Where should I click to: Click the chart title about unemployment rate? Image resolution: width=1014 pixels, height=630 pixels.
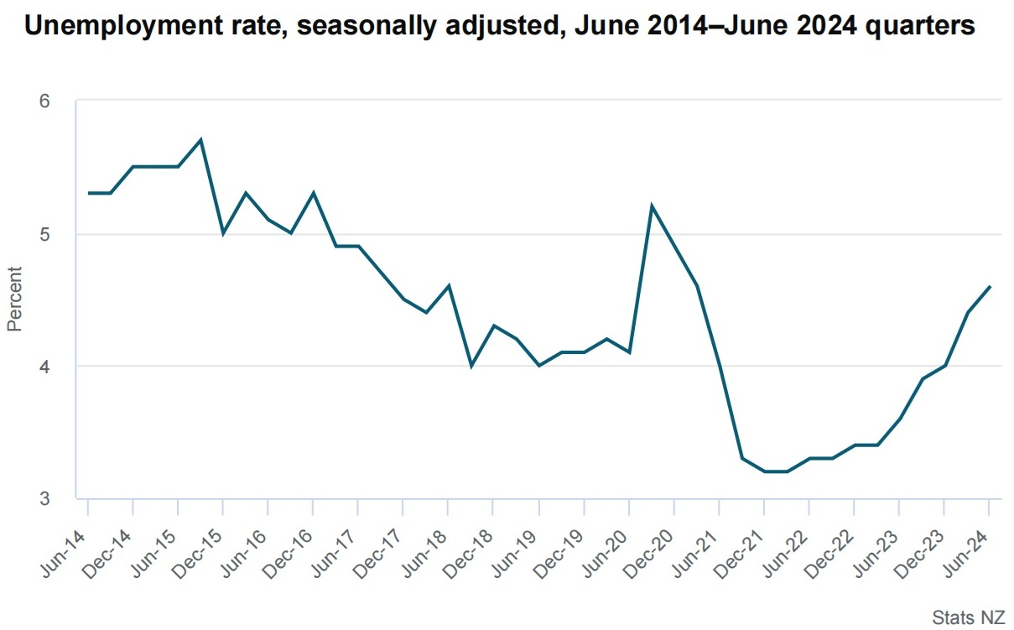click(x=500, y=27)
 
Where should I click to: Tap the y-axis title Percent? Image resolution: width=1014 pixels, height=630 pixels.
click(x=14, y=299)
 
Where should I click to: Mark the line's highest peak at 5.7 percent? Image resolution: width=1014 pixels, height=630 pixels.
click(x=200, y=140)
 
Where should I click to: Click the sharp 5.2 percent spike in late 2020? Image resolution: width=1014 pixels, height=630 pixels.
click(x=652, y=206)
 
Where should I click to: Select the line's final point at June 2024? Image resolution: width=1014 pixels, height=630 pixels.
click(x=990, y=286)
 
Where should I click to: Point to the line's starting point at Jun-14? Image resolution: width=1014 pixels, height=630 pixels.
click(x=88, y=193)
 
